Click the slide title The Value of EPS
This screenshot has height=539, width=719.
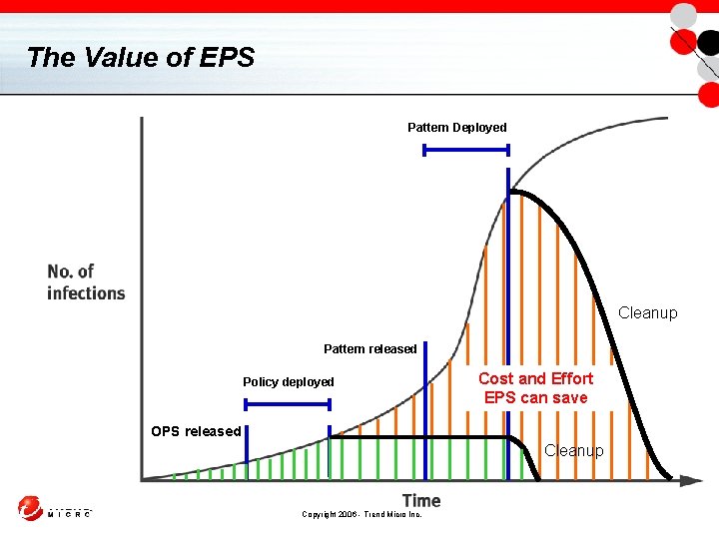[x=141, y=57]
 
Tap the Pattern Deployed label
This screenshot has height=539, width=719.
[x=456, y=128]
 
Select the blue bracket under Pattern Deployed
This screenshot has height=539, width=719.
[x=466, y=151]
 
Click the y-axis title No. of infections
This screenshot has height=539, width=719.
[x=86, y=282]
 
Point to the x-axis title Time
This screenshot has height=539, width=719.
[x=420, y=500]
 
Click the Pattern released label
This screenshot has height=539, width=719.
[x=369, y=349]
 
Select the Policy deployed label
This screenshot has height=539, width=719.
[x=288, y=382]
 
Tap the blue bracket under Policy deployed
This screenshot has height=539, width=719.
[x=288, y=404]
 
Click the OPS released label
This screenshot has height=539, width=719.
[x=196, y=431]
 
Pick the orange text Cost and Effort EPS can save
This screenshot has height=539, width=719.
[x=535, y=388]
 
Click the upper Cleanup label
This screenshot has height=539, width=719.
[x=647, y=313]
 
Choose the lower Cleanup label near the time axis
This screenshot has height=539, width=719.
[x=574, y=451]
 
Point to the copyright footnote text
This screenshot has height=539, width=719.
[x=361, y=514]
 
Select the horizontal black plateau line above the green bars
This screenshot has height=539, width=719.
[x=419, y=437]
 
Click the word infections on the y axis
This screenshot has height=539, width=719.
[x=86, y=293]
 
